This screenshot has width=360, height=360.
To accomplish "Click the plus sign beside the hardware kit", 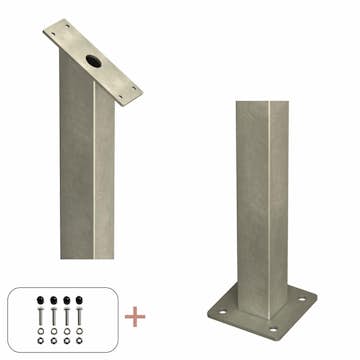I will [135, 318].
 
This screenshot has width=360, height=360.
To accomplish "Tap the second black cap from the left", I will [52, 299].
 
